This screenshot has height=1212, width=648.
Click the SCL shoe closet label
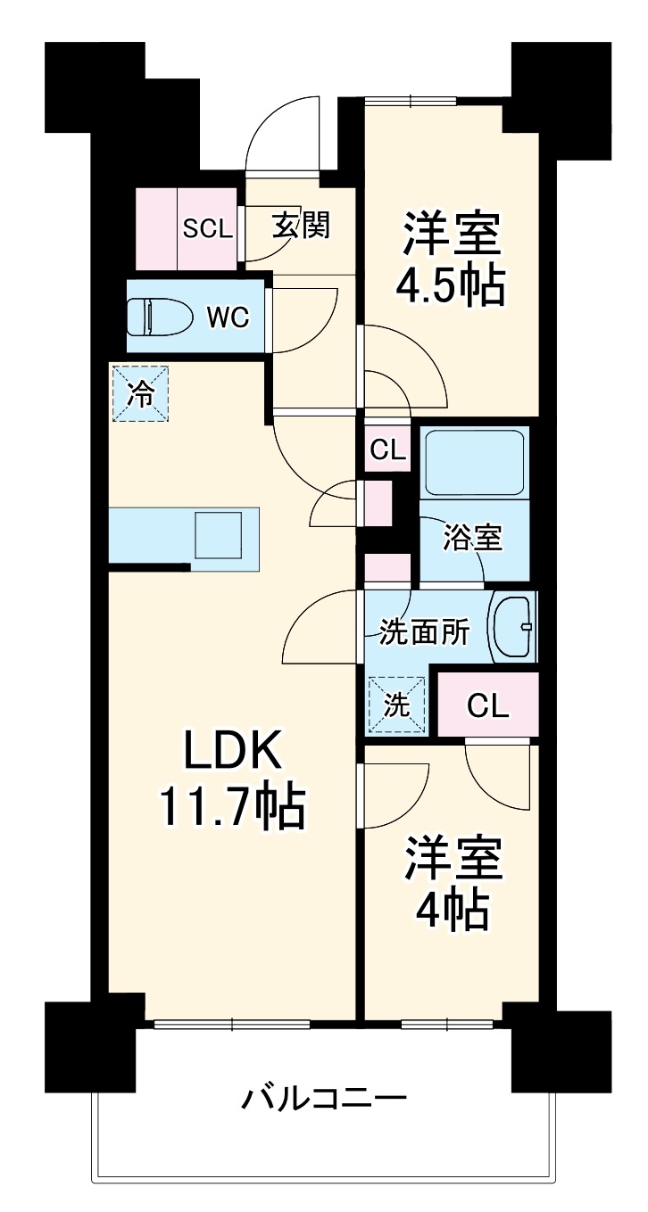point(207,228)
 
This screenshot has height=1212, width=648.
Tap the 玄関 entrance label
point(301,227)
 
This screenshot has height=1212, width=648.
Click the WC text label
point(228,317)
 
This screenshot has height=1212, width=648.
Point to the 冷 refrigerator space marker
point(140,393)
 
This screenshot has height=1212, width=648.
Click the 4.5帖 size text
point(451,284)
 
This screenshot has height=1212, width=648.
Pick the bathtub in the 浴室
point(473,462)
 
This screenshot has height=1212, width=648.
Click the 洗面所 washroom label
point(424,632)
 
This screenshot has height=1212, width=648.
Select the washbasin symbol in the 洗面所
point(514,626)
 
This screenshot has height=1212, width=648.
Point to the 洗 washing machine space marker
point(396,705)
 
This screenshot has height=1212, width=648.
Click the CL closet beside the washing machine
point(488,706)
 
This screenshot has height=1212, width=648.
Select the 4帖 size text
point(451,908)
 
